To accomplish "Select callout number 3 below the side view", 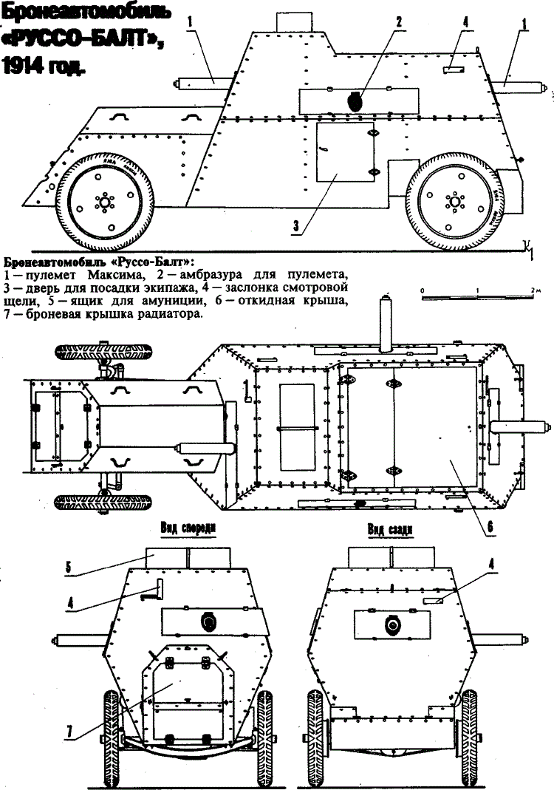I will coord(295,227).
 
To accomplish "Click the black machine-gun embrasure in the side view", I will coord(355,100).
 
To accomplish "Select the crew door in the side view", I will coord(345,151).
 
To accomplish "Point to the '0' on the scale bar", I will coord(422,291).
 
